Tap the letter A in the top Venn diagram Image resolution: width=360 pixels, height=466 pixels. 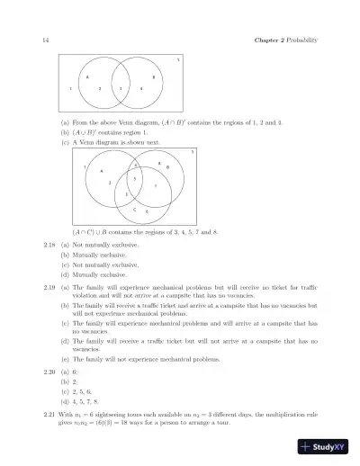point(87,77)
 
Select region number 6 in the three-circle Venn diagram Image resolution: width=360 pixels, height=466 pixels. point(147,211)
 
